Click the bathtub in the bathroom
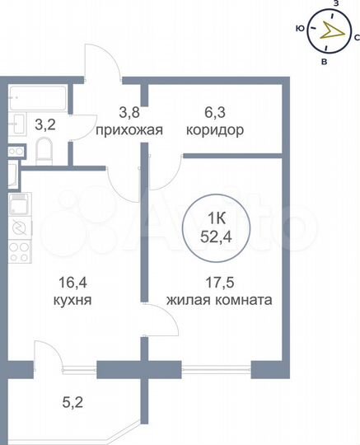click(37, 101)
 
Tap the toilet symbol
click(44, 152)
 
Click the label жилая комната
click(219, 301)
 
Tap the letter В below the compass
click(325, 62)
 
